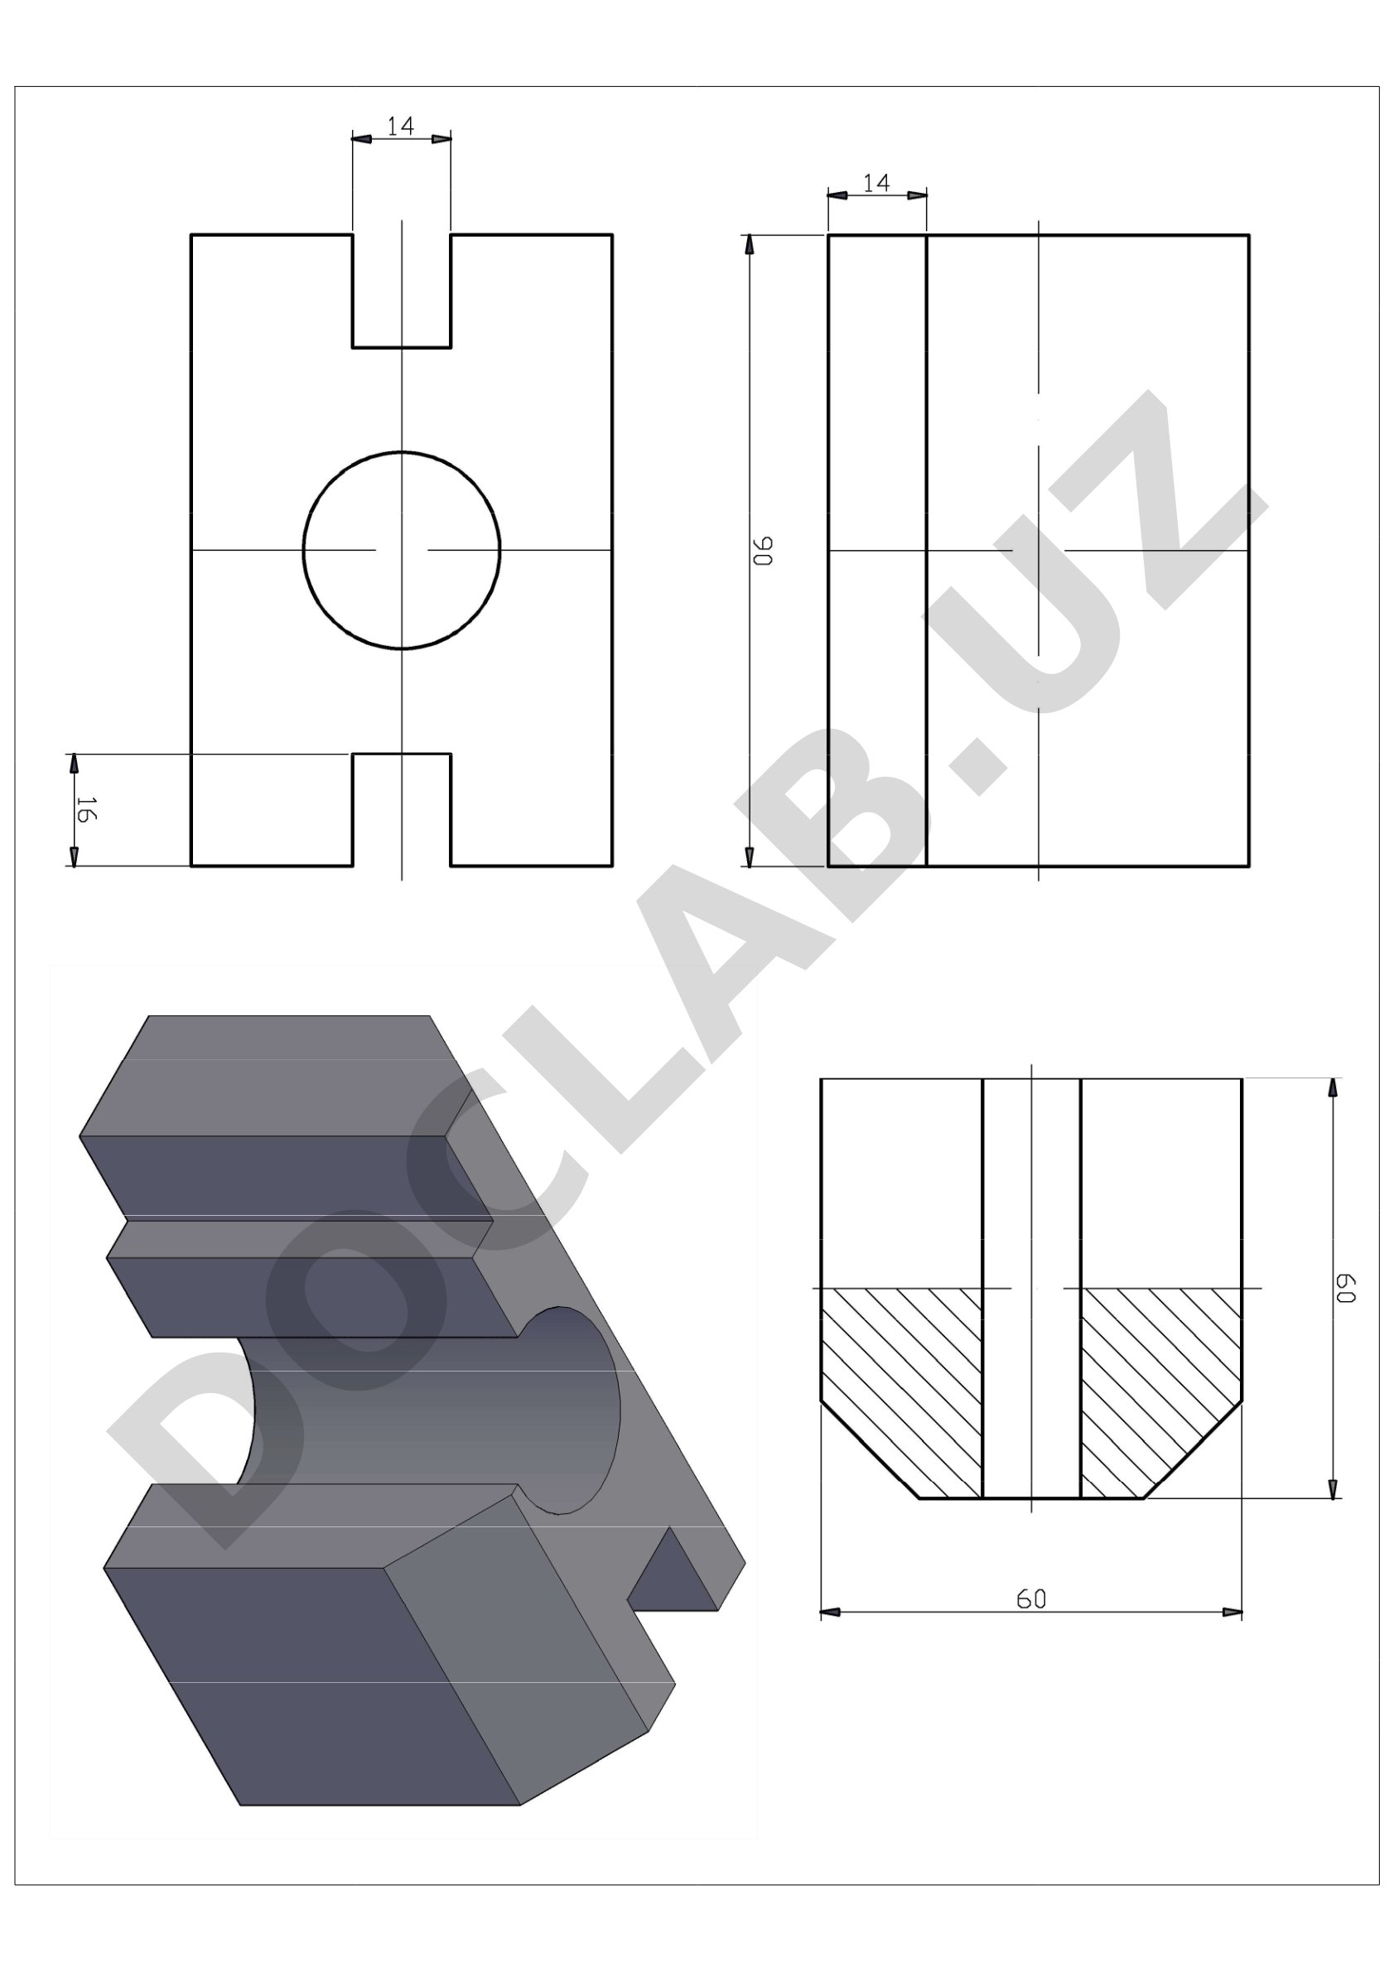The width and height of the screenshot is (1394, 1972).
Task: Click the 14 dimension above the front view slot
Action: click(x=400, y=126)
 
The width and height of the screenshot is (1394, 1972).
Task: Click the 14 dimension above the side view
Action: click(x=876, y=183)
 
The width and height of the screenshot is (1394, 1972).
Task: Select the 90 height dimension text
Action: click(x=764, y=551)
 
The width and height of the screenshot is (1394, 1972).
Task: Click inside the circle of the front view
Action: click(x=401, y=550)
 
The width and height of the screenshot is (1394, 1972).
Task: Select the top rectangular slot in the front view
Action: click(x=401, y=291)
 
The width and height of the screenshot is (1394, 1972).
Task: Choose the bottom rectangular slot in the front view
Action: click(x=401, y=810)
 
